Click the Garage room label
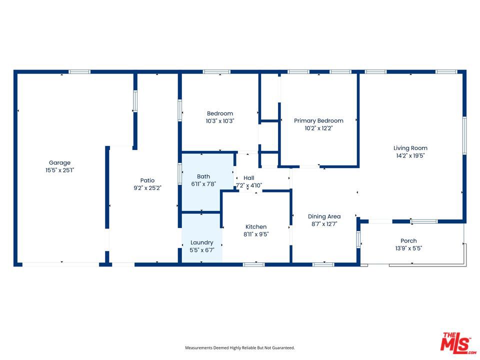point(59,162)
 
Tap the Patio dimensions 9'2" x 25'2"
point(147,188)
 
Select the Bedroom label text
point(220,113)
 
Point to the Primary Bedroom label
point(318,120)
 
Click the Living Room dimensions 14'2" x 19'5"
point(410,155)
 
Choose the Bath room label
point(203,176)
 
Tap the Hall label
point(249,178)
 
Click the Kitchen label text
point(256,227)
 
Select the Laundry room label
point(201,243)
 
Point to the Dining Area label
point(324,216)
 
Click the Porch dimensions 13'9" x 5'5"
point(408,248)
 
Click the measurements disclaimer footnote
point(239,348)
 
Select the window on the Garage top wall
point(79,72)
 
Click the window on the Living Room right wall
point(464,135)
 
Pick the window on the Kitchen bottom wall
point(254,264)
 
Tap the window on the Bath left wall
point(179,174)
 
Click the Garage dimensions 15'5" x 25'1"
point(59,170)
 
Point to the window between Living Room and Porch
point(424,221)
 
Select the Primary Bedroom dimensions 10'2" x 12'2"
point(318,128)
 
